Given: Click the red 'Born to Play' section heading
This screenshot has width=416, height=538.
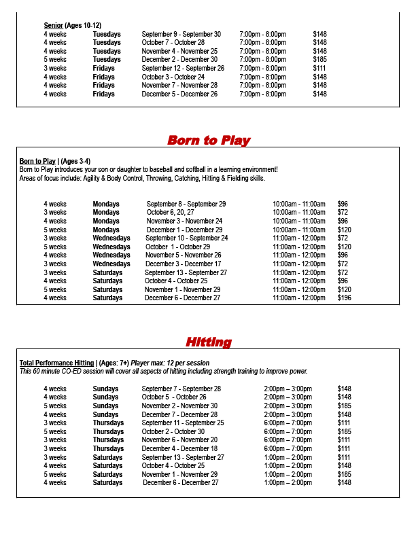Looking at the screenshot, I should (x=209, y=141).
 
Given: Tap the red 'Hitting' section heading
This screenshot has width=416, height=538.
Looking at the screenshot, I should (x=208, y=342).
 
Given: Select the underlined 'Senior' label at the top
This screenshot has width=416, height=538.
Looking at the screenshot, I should (x=53, y=25).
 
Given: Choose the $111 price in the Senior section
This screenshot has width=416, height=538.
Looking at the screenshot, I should (x=319, y=68).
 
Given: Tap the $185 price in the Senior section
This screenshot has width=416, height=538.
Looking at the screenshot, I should (x=319, y=60).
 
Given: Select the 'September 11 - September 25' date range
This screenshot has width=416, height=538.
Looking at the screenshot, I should (x=182, y=423).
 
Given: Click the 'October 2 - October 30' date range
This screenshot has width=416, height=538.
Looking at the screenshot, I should (x=173, y=431).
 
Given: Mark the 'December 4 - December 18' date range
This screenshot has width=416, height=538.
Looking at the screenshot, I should (x=179, y=448).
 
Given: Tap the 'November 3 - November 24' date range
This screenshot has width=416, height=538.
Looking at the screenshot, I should (x=184, y=221).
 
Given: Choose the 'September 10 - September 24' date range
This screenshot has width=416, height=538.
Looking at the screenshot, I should (x=186, y=238).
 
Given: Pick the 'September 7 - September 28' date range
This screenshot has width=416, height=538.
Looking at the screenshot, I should (x=181, y=389).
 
